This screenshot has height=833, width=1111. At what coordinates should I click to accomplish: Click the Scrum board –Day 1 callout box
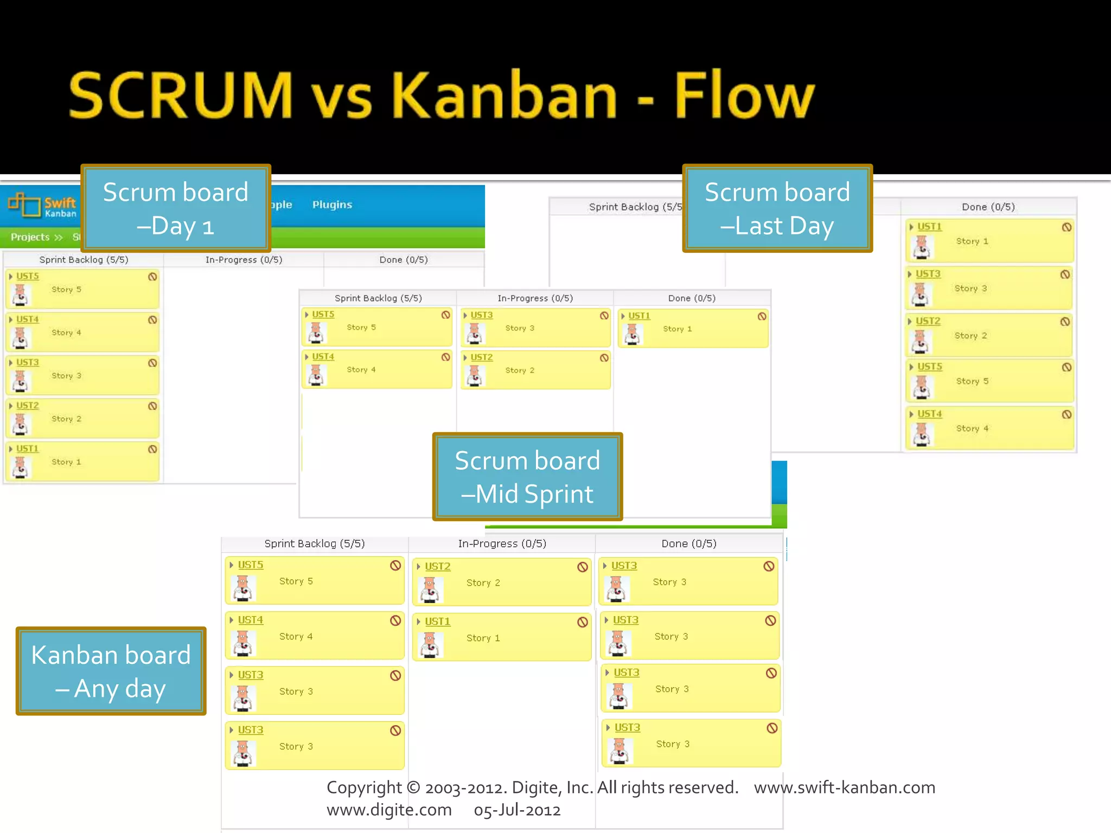pyautogui.click(x=176, y=208)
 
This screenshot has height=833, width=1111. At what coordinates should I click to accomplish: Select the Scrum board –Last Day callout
pyautogui.click(x=777, y=208)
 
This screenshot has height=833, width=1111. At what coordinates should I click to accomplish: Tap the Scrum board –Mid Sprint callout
pyautogui.click(x=527, y=477)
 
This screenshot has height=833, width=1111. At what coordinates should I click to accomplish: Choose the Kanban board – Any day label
pyautogui.click(x=111, y=671)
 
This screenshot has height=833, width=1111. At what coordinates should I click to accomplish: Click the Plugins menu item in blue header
pyautogui.click(x=332, y=204)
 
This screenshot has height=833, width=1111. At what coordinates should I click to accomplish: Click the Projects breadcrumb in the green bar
pyautogui.click(x=30, y=237)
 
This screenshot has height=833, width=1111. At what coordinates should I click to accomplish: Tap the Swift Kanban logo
pyautogui.click(x=42, y=205)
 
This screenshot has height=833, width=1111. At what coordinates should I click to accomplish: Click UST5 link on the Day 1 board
pyautogui.click(x=28, y=276)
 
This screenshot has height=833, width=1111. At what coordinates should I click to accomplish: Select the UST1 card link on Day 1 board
pyautogui.click(x=28, y=448)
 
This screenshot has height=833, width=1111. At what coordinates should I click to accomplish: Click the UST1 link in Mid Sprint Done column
pyautogui.click(x=639, y=316)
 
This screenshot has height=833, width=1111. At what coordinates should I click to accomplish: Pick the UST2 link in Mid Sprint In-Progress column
pyautogui.click(x=482, y=357)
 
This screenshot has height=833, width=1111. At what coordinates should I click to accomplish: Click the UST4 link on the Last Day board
pyautogui.click(x=929, y=414)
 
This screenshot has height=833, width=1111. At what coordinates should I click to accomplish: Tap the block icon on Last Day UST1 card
pyautogui.click(x=1067, y=227)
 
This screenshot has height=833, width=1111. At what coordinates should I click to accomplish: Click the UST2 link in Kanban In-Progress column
pyautogui.click(x=437, y=566)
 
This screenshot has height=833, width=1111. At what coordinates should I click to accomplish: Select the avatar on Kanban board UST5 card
pyautogui.click(x=243, y=588)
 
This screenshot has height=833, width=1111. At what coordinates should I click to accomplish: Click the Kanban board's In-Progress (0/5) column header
pyautogui.click(x=502, y=543)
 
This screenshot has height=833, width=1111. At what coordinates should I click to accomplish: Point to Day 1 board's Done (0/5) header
pyautogui.click(x=404, y=260)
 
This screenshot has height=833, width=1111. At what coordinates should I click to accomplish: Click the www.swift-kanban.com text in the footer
pyautogui.click(x=844, y=787)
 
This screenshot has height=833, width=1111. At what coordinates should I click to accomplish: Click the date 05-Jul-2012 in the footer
pyautogui.click(x=517, y=810)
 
